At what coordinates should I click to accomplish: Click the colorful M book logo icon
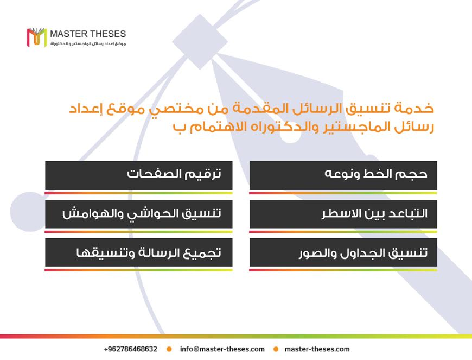coord(37,37)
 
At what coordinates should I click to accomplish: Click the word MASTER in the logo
coord(68,34)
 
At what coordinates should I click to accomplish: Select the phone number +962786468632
coord(131,349)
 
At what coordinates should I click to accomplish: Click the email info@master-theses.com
coord(222,349)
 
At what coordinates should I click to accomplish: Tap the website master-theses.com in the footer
coord(317,349)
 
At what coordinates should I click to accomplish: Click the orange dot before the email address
coord(169,349)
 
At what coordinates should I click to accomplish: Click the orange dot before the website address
coord(276,349)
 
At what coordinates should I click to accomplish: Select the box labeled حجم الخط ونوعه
coord(343,175)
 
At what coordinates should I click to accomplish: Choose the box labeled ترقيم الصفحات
coord(139,175)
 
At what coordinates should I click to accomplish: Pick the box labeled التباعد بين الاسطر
coord(343,214)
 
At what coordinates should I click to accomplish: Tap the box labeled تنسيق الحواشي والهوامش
coord(139,214)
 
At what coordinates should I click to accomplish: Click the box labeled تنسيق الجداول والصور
coord(343,252)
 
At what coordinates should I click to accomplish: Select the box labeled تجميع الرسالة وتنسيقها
coord(139,252)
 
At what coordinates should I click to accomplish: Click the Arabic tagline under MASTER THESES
coord(88,44)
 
